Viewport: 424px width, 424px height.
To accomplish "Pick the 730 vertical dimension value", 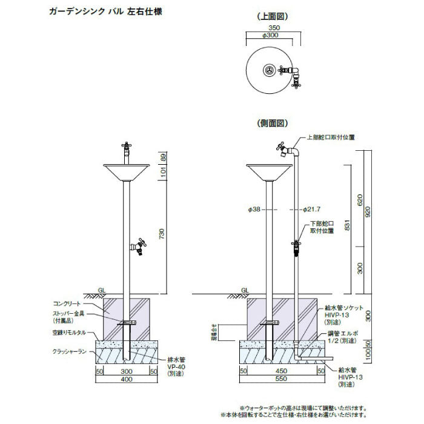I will pyautogui.click(x=161, y=234).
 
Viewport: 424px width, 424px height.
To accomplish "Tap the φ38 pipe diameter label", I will pyautogui.click(x=254, y=210).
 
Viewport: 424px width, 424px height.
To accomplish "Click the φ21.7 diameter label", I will pyautogui.click(x=311, y=210).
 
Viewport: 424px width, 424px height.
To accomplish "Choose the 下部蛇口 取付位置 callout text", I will pyautogui.click(x=322, y=227).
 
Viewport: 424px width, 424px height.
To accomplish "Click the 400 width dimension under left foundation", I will pyautogui.click(x=127, y=379).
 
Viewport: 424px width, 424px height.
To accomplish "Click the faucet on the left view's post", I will pyautogui.click(x=139, y=247).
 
